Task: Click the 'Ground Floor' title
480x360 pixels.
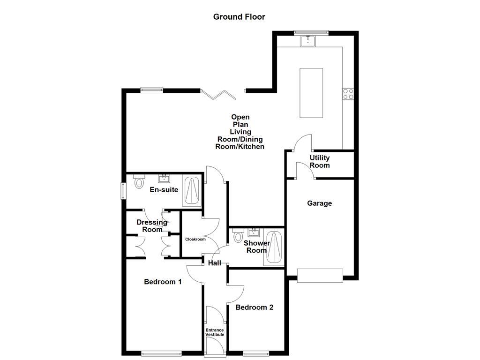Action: (239, 17)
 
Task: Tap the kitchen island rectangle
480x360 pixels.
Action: (311, 93)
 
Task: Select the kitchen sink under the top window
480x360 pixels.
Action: (308, 41)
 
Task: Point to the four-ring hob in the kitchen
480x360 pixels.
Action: (348, 94)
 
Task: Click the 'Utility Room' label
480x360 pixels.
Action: (319, 162)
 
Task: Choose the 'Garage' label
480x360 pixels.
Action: (319, 203)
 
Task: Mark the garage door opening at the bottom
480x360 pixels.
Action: (320, 275)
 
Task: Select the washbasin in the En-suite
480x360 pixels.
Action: (165, 178)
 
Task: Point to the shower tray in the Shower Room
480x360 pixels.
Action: (273, 248)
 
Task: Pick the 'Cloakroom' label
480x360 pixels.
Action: (195, 239)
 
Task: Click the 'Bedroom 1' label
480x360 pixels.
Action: (163, 282)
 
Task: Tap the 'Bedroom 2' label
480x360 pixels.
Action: (254, 307)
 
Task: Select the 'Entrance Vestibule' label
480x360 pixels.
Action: (215, 332)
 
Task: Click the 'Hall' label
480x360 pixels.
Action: (215, 263)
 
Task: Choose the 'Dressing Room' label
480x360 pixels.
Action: (152, 226)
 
